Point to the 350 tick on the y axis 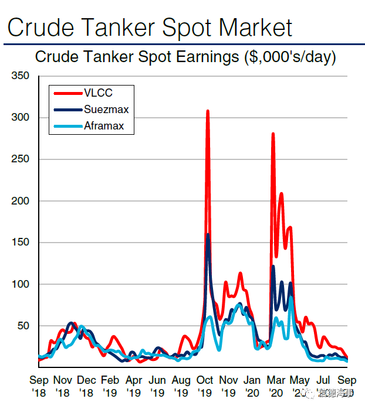pos(21,76)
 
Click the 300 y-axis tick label pos(21,118)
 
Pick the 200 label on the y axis pos(21,201)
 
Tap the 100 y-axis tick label pos(21,284)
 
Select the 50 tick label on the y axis pos(23,326)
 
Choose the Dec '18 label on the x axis pos(86,385)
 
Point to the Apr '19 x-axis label pos(134,385)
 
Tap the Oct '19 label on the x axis pos(205,385)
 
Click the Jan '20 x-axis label pos(252,385)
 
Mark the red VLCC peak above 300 pos(208,111)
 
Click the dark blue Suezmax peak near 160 pos(208,235)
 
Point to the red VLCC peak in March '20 pos(273,134)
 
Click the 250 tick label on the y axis pos(21,159)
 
